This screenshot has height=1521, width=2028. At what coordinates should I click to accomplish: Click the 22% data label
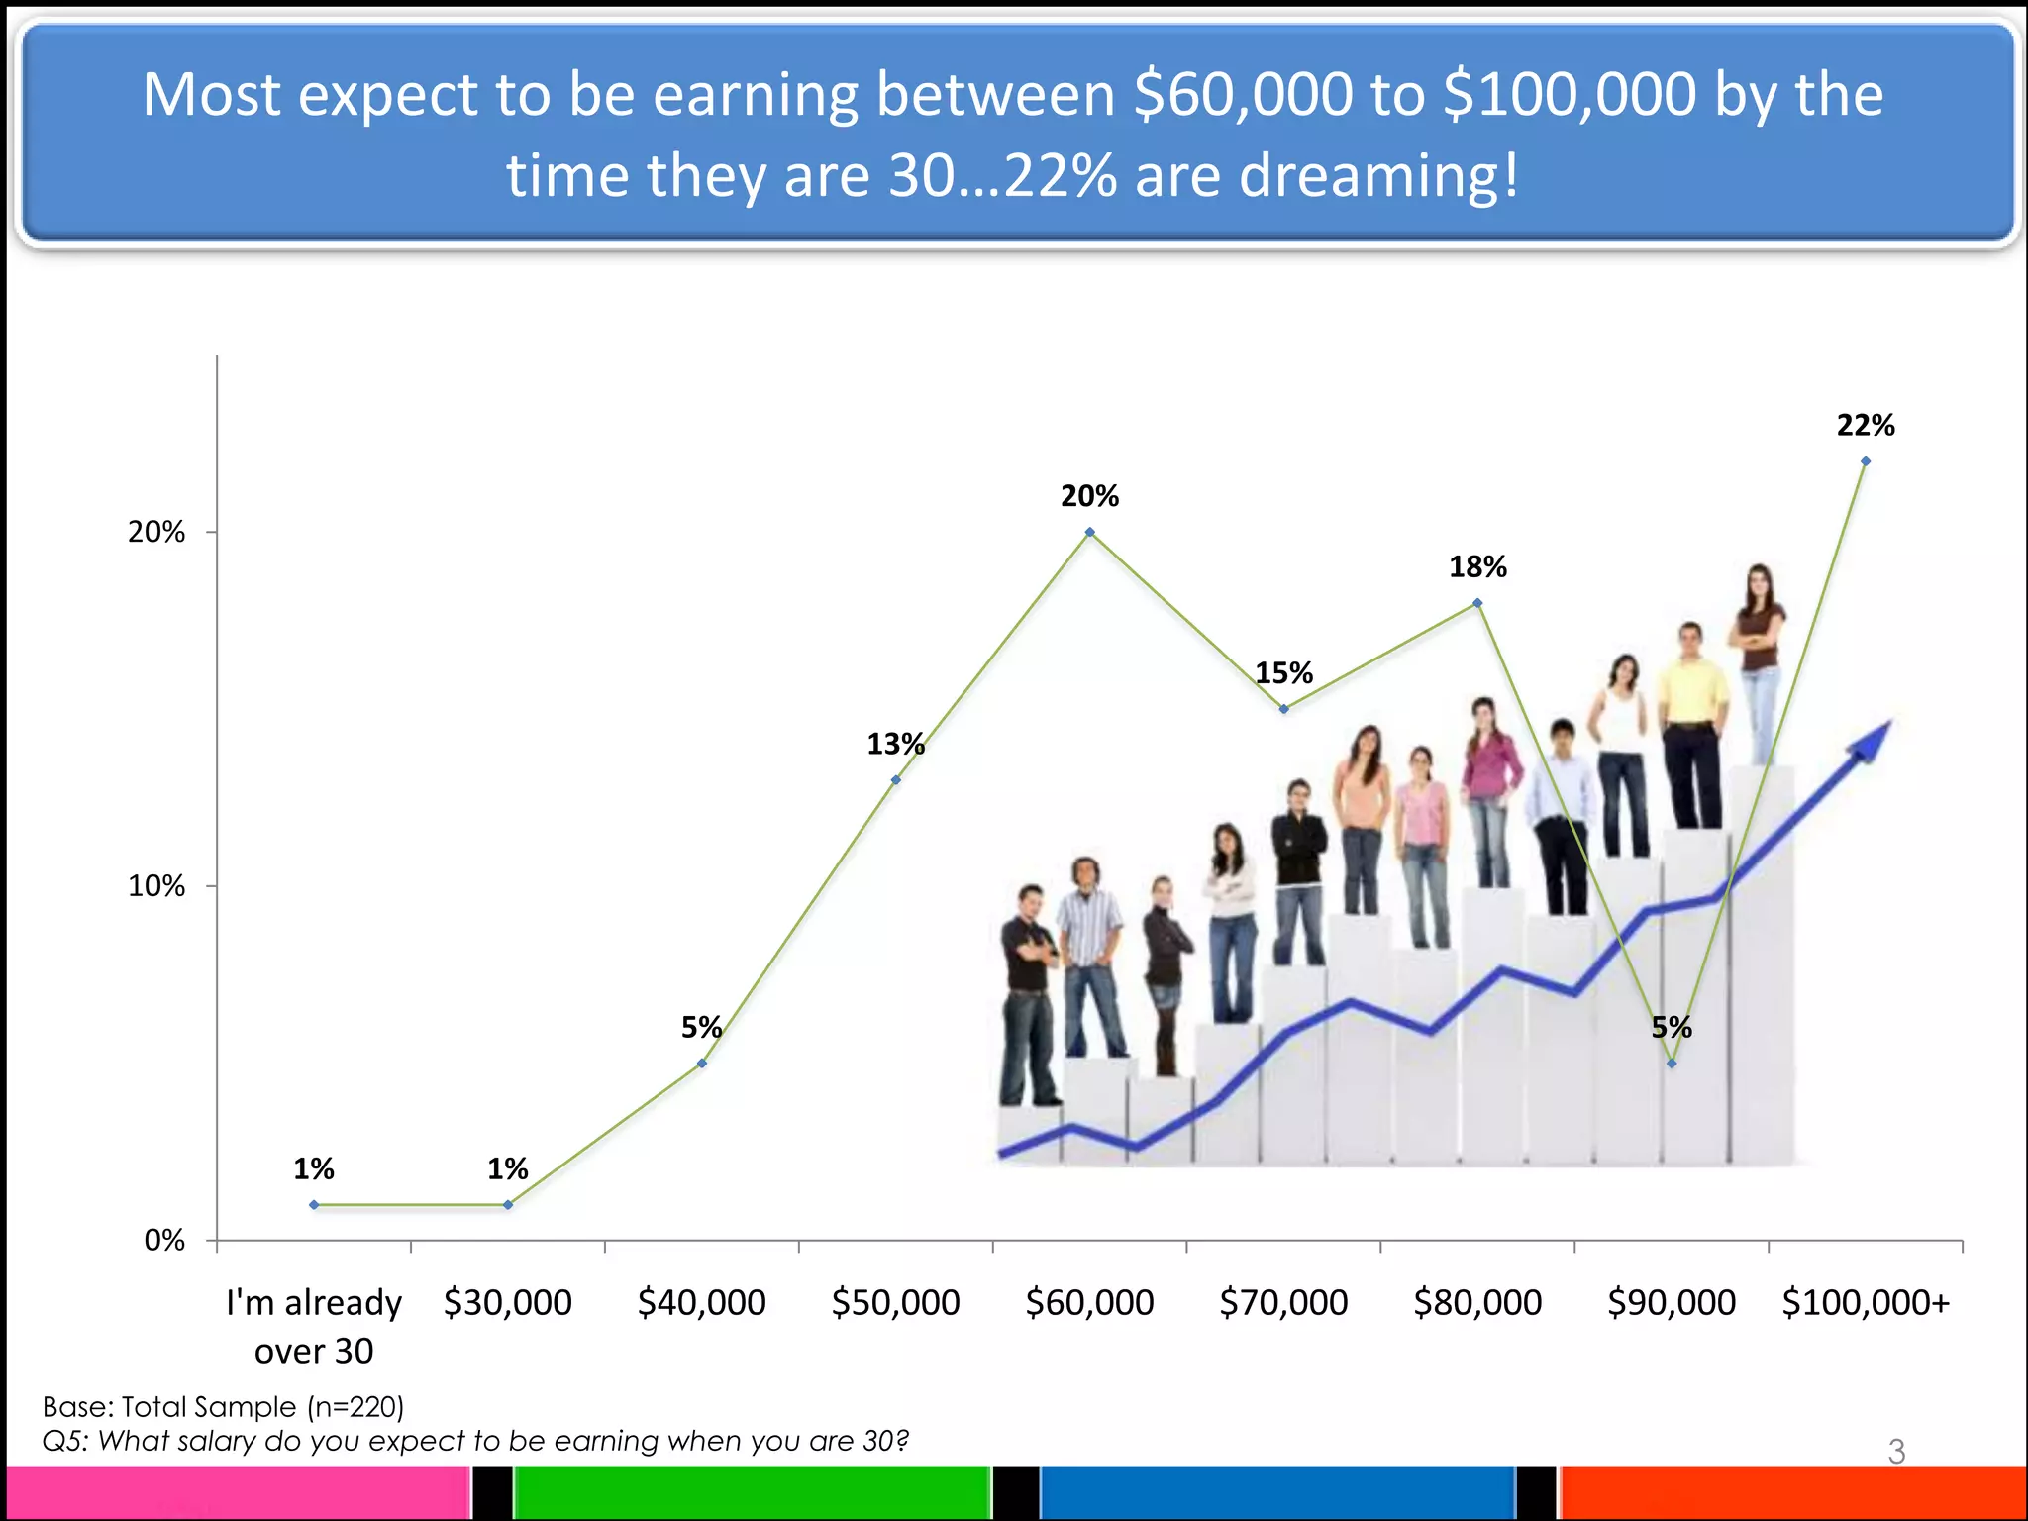tap(1866, 426)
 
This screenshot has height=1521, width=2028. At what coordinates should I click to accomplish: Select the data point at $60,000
tap(1090, 533)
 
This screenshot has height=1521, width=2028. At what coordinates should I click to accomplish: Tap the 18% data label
tap(1477, 567)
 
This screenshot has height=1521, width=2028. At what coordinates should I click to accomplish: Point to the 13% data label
tap(895, 744)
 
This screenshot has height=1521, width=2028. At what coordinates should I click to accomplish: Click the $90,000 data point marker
tap(1672, 1064)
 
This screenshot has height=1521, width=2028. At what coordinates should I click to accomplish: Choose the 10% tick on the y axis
tap(155, 886)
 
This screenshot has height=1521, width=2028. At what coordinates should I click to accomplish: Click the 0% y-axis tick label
tap(164, 1241)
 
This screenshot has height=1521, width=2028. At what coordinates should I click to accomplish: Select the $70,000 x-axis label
tap(1283, 1303)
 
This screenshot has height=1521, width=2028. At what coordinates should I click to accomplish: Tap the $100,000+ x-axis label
tap(1866, 1303)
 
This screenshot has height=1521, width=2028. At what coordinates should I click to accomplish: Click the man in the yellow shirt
tap(1691, 723)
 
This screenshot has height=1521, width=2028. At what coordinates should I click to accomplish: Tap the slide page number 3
tap(1896, 1452)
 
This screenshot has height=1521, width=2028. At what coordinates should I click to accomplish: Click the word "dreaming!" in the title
tap(1378, 175)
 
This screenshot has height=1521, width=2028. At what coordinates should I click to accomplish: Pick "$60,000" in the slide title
tap(1243, 95)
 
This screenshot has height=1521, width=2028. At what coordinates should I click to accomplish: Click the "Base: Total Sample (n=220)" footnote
tap(223, 1407)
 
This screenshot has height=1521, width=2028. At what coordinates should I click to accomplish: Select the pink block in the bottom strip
tap(238, 1493)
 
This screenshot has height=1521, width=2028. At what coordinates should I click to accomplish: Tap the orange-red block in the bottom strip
tap(1792, 1493)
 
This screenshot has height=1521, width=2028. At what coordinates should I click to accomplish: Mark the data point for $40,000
tap(702, 1064)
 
